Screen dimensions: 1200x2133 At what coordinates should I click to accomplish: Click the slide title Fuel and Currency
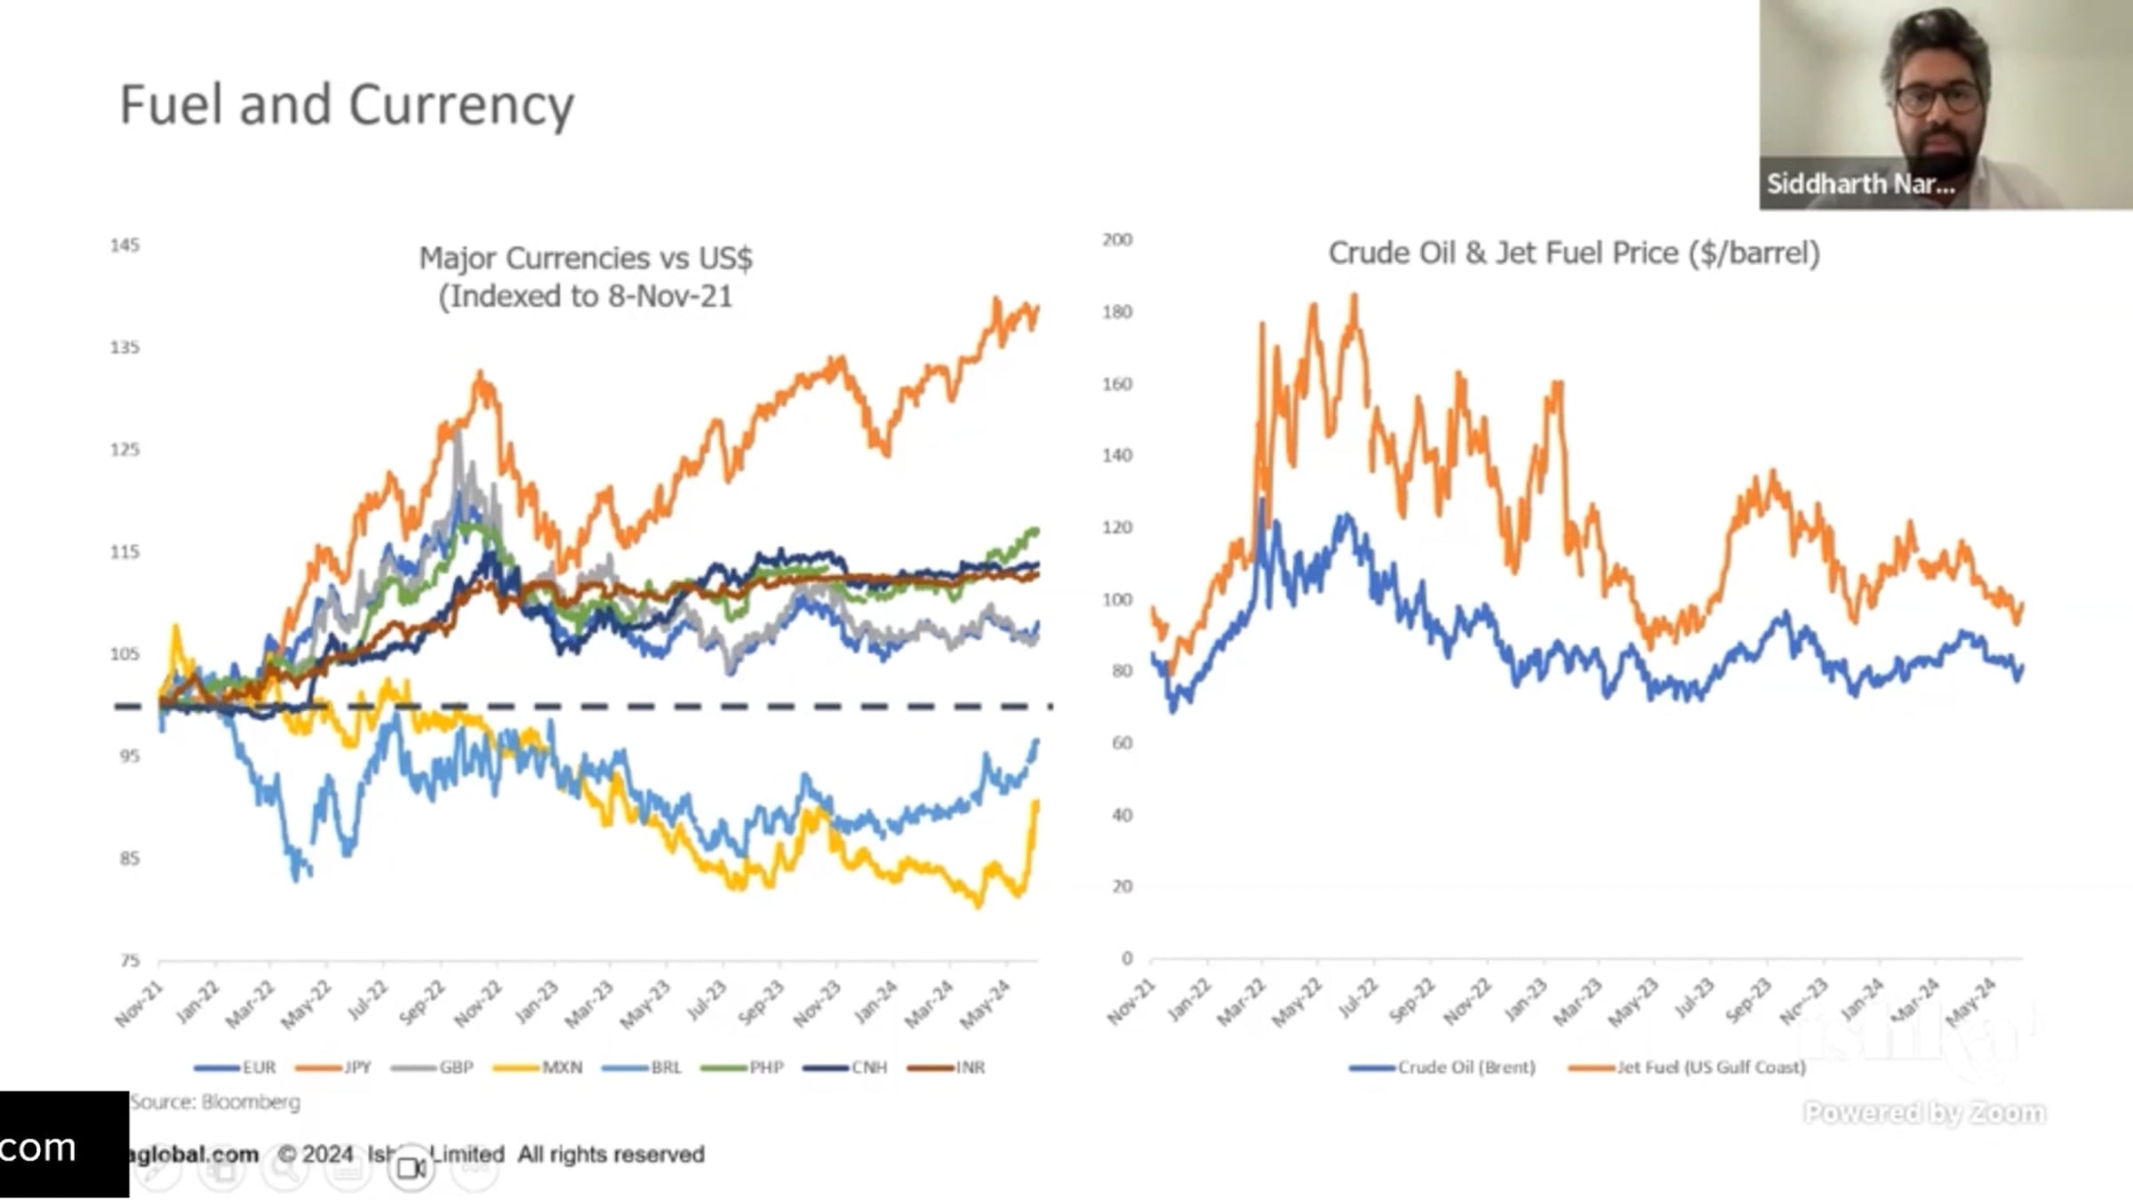click(x=347, y=105)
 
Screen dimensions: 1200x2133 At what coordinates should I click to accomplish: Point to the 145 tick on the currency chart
click(x=124, y=245)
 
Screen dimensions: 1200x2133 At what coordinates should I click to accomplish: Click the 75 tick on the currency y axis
click(x=130, y=960)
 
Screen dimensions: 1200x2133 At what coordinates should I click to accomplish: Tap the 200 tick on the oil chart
click(x=1117, y=240)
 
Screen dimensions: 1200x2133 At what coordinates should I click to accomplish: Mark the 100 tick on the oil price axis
click(x=1117, y=599)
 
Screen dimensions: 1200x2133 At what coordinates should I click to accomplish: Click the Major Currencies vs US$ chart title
click(x=586, y=276)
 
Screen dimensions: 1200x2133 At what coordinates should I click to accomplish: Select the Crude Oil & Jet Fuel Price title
click(x=1574, y=253)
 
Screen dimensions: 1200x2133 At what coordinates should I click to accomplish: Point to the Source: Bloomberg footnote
click(x=215, y=1102)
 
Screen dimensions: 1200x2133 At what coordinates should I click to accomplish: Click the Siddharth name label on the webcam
click(x=1860, y=184)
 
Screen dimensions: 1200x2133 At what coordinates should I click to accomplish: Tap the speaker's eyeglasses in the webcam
click(x=1937, y=98)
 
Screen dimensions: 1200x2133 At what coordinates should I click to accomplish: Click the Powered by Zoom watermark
click(x=1924, y=1113)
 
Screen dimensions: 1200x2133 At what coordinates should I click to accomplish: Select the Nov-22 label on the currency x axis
click(x=479, y=1004)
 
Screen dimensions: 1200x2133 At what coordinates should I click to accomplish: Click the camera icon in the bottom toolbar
click(x=411, y=1167)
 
